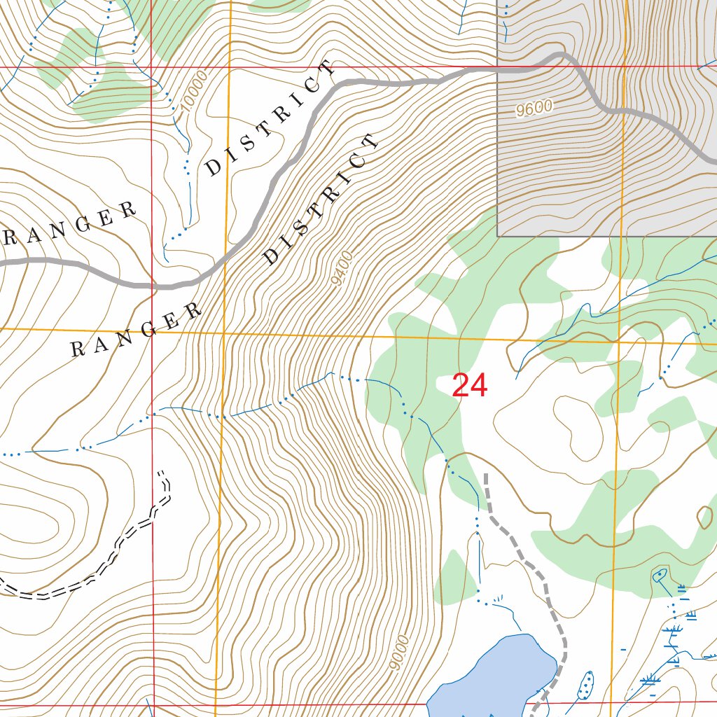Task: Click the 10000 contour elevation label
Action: click(x=194, y=92)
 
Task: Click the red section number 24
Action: click(x=469, y=386)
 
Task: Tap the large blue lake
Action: click(x=490, y=672)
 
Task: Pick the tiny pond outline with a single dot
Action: click(x=659, y=576)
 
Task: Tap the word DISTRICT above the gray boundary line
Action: click(x=270, y=118)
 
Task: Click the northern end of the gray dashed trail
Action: click(x=486, y=475)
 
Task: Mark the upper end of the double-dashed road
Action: click(x=163, y=474)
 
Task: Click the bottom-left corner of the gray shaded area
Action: click(x=498, y=236)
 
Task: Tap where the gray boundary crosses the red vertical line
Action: click(x=152, y=286)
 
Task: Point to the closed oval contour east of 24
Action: click(x=576, y=420)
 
